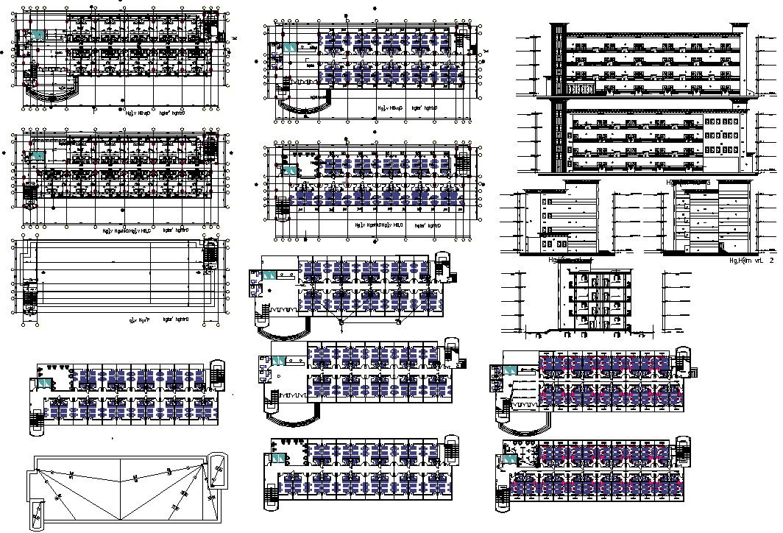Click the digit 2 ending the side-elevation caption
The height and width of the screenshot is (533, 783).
pos(770,260)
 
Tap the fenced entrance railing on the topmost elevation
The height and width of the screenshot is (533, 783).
pos(582,90)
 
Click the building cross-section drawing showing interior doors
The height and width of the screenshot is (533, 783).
pos(596,299)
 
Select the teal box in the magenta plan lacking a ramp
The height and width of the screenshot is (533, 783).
pos(509,448)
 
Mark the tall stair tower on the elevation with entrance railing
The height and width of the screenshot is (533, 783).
pos(559,59)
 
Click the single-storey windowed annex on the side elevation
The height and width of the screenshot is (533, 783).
pos(556,243)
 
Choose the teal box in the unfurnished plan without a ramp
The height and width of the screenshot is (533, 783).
pos(37,155)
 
